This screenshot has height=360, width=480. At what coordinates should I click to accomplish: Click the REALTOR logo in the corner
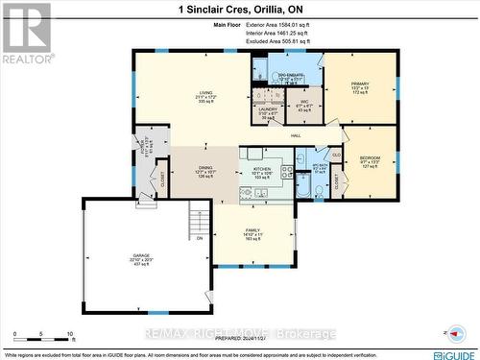tap(27, 34)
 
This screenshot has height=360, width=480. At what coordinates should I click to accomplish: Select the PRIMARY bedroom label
tap(360, 84)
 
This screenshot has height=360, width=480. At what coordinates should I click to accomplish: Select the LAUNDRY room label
tap(269, 110)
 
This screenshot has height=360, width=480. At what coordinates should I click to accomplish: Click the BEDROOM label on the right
tap(370, 158)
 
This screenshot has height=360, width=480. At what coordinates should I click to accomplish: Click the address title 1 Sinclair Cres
tap(239, 9)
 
